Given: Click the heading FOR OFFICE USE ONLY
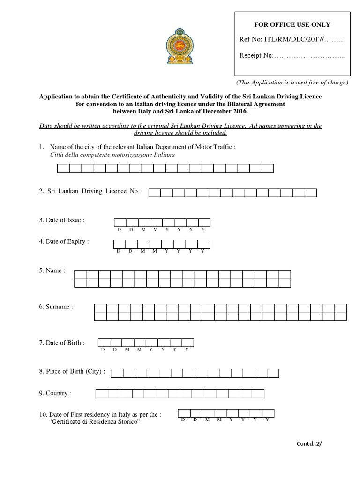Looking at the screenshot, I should point(292,24).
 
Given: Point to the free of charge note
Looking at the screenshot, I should point(292,82).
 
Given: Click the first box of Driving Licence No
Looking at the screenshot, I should point(154,193).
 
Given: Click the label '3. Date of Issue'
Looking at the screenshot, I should point(61,220).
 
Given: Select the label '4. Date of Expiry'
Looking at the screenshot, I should point(64,242).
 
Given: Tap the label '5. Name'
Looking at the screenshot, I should point(52,270).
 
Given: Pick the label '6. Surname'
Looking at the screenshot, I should point(56,307).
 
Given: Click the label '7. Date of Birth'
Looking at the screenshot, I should point(61,343).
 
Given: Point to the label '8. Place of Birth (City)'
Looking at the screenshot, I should point(72,372).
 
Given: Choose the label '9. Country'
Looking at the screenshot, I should point(55,393).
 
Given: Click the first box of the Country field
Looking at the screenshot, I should point(102,393).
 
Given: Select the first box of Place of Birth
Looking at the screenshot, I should point(117,373).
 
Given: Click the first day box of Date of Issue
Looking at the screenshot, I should point(120,222).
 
